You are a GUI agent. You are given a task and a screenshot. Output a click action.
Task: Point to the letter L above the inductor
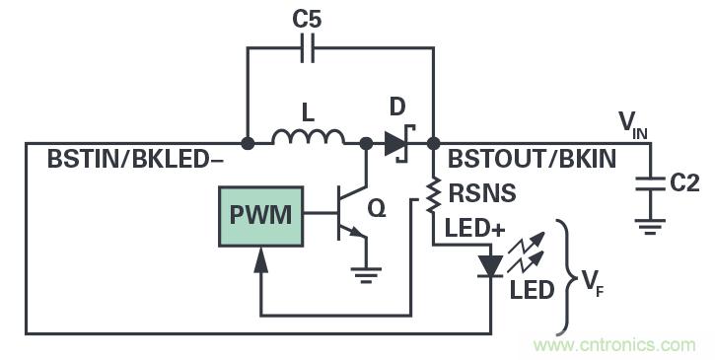click(309, 114)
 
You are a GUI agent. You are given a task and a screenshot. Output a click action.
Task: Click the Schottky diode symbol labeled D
click(396, 143)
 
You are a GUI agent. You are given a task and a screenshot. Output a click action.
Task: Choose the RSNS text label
click(482, 195)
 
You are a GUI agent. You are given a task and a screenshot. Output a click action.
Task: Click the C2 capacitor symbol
click(650, 184)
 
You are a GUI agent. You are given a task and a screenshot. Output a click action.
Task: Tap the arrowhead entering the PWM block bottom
click(260, 258)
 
